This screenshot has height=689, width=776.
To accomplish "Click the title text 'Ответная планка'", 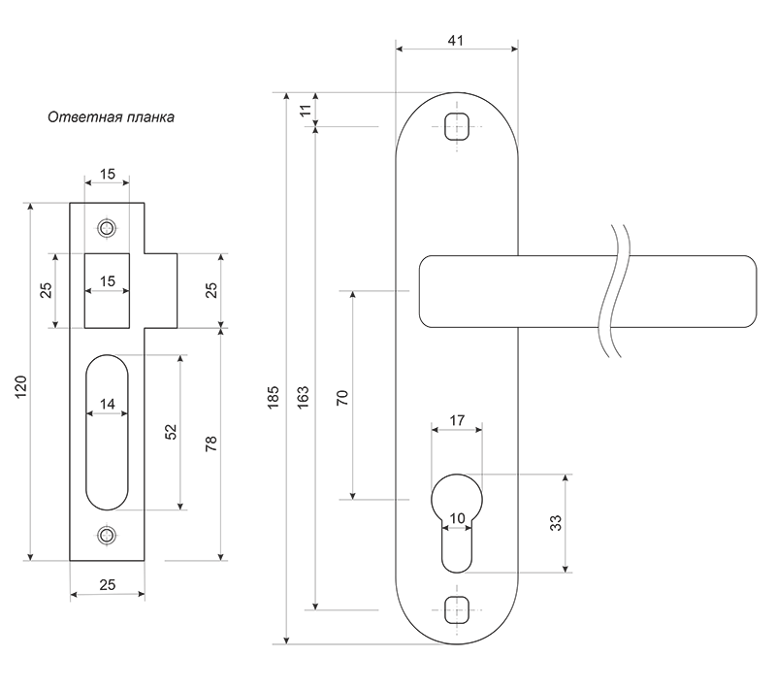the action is point(111,117).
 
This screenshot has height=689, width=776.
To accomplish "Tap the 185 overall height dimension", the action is point(274,397).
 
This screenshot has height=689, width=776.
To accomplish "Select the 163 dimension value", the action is point(303,397).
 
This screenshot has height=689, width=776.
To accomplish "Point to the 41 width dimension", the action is point(456,40).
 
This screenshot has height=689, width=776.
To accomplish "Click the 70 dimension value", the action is point(342,398).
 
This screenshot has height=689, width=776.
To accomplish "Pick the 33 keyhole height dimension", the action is point(556,523).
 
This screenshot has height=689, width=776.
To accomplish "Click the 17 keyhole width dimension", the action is point(457,420).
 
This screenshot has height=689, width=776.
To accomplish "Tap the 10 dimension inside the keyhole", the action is point(457,518).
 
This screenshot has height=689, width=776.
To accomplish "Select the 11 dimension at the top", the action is point(307,110).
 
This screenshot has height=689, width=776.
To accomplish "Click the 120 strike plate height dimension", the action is point(20,387).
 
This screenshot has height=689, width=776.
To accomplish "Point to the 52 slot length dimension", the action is point(171,432).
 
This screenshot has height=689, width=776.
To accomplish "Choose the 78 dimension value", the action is point(210,443).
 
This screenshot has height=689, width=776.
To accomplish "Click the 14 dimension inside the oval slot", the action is point(108,404).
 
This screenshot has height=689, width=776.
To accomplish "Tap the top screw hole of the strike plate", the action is point(107,228).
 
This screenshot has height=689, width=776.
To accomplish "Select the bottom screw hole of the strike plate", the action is point(107,535).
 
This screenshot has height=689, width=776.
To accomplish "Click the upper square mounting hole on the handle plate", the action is point(457,126).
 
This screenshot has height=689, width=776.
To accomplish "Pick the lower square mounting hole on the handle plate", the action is point(457,609).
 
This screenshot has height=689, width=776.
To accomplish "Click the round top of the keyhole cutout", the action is point(457,476).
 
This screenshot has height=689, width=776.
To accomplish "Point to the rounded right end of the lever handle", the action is point(756,291).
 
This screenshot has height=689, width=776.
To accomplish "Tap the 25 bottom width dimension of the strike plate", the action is point(108,585).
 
